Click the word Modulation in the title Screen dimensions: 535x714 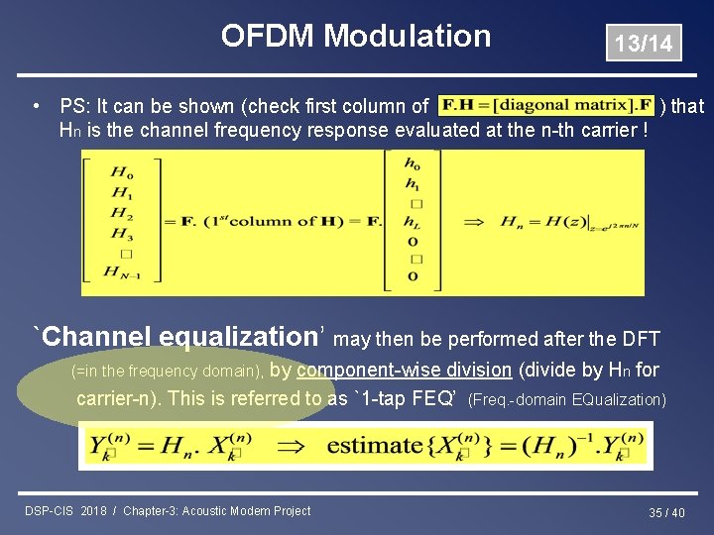[407, 37]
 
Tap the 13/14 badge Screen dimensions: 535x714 [643, 43]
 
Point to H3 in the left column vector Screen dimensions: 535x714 [122, 235]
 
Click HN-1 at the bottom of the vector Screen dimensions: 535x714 [125, 271]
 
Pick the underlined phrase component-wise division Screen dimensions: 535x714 [404, 371]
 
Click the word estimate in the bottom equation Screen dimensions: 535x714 [375, 445]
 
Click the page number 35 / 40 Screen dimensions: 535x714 [666, 512]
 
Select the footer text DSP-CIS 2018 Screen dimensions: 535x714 [66, 511]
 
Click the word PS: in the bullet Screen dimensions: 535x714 [76, 106]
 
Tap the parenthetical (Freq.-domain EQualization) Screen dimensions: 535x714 [566, 400]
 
